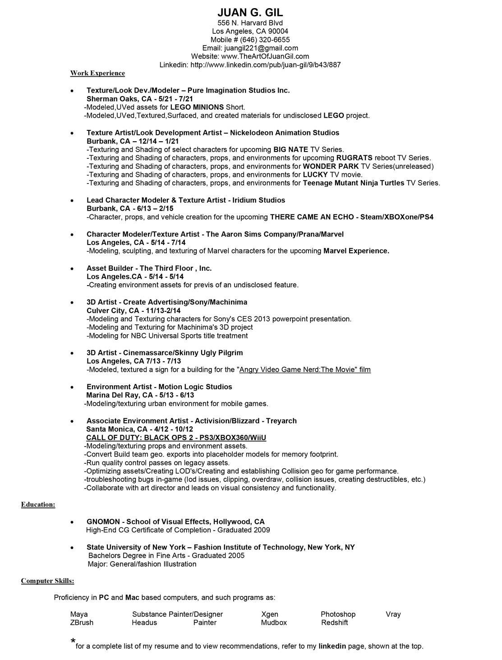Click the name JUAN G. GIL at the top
[250, 12]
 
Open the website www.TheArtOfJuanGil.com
[265, 56]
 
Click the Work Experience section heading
[97, 73]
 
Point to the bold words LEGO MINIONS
[197, 107]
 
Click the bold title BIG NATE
[290, 150]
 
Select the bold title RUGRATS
[354, 158]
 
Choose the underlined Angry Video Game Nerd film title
[305, 370]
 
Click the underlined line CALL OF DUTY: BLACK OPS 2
[176, 438]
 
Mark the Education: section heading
[38, 504]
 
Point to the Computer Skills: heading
[48, 581]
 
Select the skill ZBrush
[82, 623]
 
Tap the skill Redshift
[334, 623]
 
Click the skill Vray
[393, 614]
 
